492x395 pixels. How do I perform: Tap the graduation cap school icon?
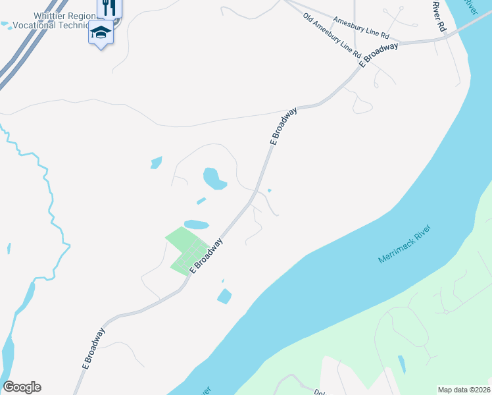click(x=101, y=32)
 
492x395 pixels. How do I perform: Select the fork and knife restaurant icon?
click(x=109, y=7)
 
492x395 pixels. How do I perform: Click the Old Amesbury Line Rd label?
click(x=332, y=34)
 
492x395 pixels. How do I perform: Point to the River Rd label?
click(x=439, y=17)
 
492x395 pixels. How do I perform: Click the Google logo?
click(x=22, y=387)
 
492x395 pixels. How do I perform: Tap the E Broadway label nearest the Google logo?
click(x=93, y=348)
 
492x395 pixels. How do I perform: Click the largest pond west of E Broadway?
click(x=213, y=177)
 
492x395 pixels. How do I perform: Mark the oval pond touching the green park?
click(x=196, y=224)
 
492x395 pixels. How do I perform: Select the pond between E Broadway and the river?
click(x=224, y=296)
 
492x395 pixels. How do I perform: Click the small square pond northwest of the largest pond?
click(x=156, y=162)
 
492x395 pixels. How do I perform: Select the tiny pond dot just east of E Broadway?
click(x=270, y=191)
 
